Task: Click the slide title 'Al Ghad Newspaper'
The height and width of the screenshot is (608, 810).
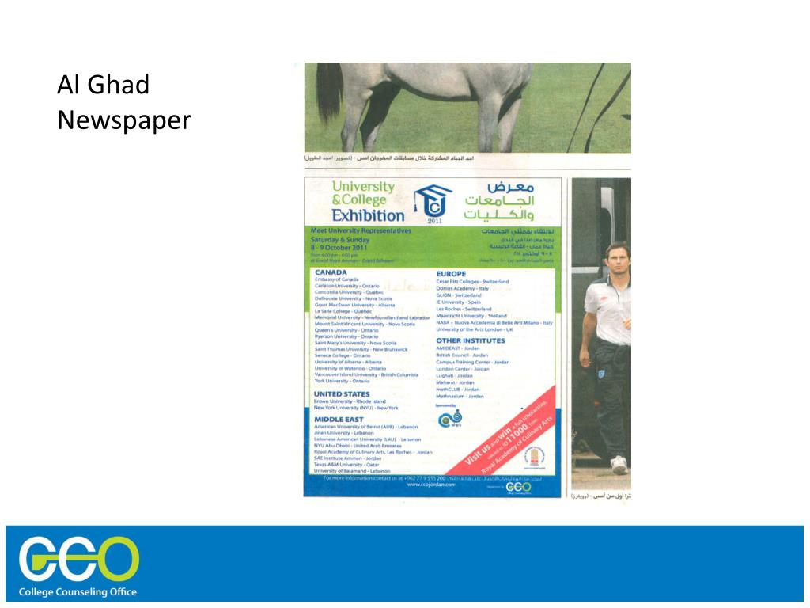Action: [x=124, y=102]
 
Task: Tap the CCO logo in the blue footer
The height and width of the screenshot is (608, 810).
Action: [x=79, y=558]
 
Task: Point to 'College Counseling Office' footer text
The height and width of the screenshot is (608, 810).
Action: [x=78, y=592]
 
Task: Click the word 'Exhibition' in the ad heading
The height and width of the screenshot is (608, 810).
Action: [x=367, y=215]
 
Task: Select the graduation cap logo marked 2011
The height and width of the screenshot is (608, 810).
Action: [x=434, y=203]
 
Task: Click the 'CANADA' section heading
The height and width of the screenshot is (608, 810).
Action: [x=331, y=272]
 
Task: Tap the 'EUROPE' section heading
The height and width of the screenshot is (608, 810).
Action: [x=451, y=274]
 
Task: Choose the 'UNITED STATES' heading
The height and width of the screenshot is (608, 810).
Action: [x=342, y=393]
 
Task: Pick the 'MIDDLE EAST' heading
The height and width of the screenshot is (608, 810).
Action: [x=339, y=419]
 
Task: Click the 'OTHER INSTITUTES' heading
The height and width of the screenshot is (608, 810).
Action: [x=471, y=340]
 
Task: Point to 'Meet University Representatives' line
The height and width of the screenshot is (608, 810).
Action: [x=361, y=230]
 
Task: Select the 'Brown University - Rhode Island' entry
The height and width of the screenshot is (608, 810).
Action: [x=350, y=401]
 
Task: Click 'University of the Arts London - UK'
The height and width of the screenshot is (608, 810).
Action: [x=475, y=329]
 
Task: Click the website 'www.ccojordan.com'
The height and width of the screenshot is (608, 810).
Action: [x=431, y=484]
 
